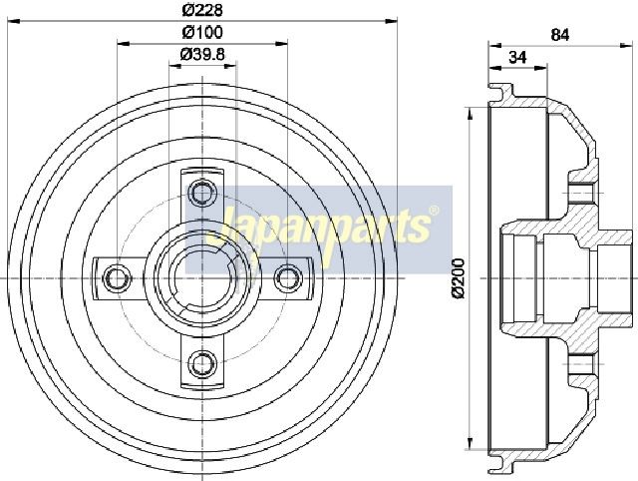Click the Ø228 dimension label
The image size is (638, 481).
(x=202, y=10)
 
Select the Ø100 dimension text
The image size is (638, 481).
(x=202, y=32)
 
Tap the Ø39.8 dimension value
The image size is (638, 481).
(x=202, y=54)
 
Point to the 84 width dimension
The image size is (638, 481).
(x=560, y=35)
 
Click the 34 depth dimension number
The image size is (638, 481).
(x=517, y=58)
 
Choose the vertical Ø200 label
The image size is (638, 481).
(x=459, y=278)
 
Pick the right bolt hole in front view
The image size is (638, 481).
(x=288, y=278)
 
